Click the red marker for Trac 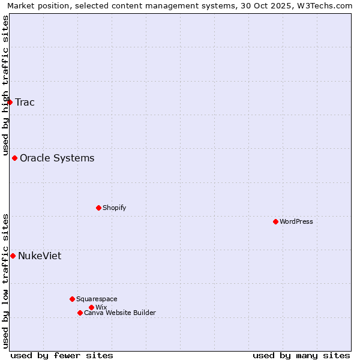10,102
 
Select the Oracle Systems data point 15,158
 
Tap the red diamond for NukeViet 13,256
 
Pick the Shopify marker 98,208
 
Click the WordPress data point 275,221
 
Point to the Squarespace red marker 72,299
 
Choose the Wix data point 91,307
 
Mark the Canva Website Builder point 80,313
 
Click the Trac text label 25,102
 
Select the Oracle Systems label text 57,158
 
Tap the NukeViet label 40,256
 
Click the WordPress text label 296,221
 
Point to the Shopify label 114,208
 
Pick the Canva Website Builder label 120,313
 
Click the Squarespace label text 97,299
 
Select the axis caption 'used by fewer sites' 62,355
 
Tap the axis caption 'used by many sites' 301,355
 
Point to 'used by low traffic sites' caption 5,281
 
